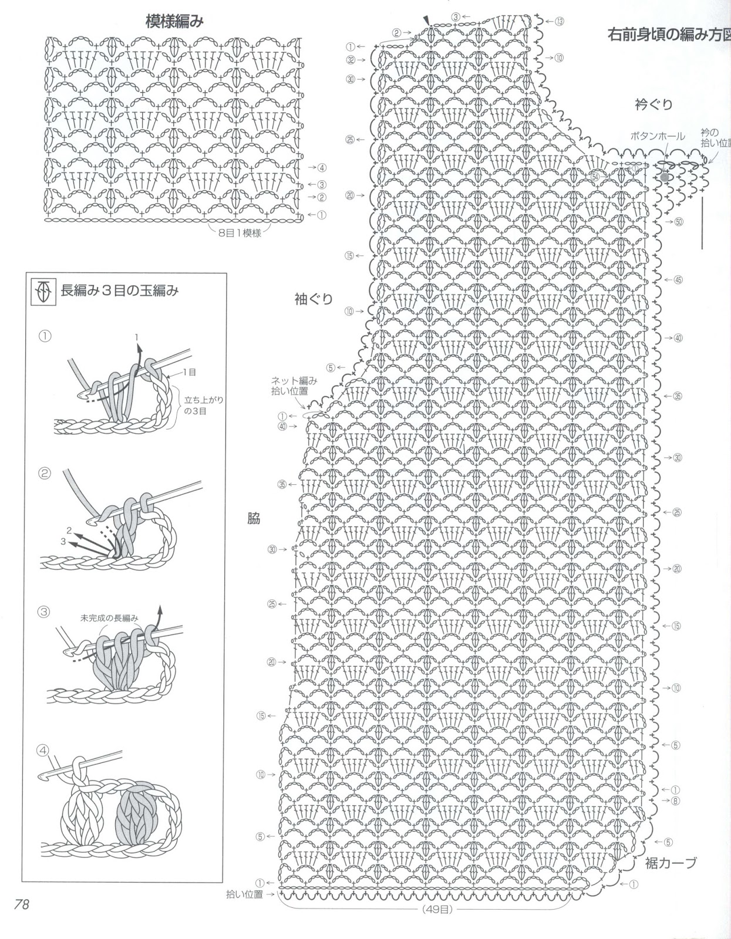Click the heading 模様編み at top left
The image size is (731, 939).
[x=174, y=21]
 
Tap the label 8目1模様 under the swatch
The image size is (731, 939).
[x=240, y=233]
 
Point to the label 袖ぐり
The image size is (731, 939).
[x=314, y=299]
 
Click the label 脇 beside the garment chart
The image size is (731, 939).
[x=254, y=518]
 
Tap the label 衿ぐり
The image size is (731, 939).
[x=653, y=105]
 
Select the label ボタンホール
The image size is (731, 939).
[x=658, y=136]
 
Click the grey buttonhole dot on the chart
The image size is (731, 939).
[x=664, y=175]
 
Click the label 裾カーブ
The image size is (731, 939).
[x=671, y=863]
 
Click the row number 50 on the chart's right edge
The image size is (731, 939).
[x=679, y=222]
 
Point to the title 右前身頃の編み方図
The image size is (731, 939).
[x=669, y=35]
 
